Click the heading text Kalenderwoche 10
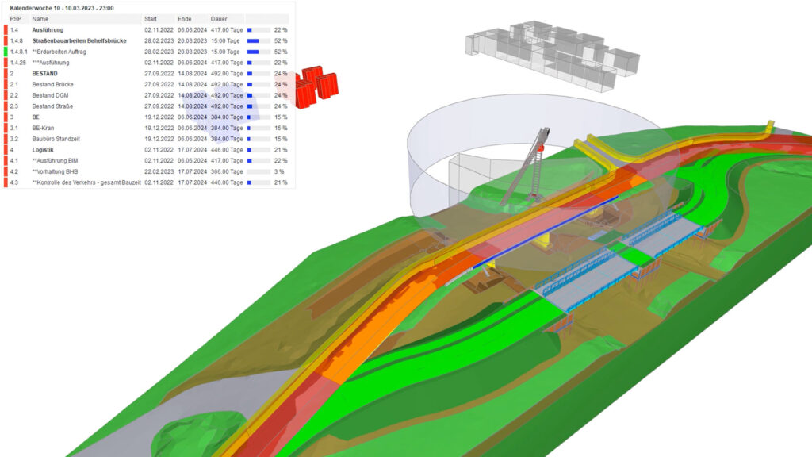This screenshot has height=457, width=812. [x=36, y=8]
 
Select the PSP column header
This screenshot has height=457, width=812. [x=16, y=19]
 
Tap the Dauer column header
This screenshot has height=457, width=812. [x=219, y=19]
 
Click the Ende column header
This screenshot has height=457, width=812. [x=184, y=19]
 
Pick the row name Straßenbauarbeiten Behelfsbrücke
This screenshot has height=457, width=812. [x=79, y=41]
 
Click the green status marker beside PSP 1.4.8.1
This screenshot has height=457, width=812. [x=6, y=52]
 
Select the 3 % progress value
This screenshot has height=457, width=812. [x=279, y=171]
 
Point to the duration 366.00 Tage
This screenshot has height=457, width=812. [x=226, y=171]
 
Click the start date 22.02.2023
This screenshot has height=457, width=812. [x=159, y=171]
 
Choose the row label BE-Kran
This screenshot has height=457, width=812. [x=43, y=128]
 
